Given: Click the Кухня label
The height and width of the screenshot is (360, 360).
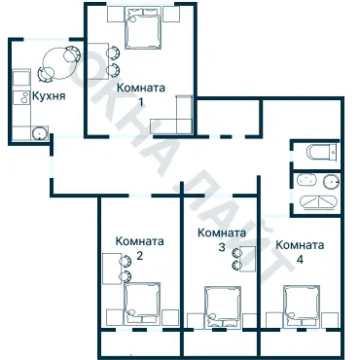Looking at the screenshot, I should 50,97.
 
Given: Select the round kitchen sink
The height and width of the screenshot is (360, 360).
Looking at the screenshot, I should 40,133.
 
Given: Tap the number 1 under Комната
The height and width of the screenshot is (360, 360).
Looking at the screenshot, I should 141,101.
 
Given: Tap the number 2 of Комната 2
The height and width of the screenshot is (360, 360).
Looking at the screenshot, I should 140,256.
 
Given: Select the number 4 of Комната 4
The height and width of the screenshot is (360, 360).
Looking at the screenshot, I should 299,260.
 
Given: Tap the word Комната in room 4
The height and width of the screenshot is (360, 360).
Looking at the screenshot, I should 299,245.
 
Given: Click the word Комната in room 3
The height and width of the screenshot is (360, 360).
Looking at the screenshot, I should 221,234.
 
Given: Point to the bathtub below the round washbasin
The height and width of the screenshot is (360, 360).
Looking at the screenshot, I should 316,202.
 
